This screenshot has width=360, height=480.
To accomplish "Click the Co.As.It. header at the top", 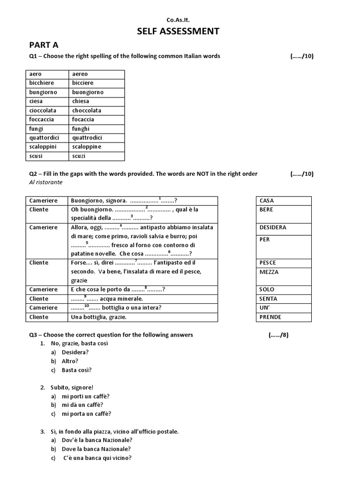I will (179, 20).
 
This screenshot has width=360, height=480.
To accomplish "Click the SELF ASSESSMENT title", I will (178, 31).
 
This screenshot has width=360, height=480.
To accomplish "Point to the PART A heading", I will (44, 45).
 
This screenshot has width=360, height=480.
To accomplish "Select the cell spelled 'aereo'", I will (80, 74).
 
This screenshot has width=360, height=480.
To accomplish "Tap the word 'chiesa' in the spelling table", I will (81, 101).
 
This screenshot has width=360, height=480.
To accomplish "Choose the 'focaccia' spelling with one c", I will (84, 120).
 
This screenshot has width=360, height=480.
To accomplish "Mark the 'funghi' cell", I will (81, 128).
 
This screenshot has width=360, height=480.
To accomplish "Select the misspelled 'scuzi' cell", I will (79, 156).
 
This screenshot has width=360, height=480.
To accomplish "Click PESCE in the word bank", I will (268, 263).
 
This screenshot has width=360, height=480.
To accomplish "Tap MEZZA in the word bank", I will (269, 272).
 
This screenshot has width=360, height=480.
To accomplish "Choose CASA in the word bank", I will (266, 201).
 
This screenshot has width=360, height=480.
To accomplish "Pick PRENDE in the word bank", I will (270, 317).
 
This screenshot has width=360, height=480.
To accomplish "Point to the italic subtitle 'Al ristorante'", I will (46, 182).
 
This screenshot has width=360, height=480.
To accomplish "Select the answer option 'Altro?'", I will (70, 361).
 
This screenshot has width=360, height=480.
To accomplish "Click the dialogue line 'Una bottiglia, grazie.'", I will (98, 317).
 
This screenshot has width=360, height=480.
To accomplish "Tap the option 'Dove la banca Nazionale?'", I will (96, 449).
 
